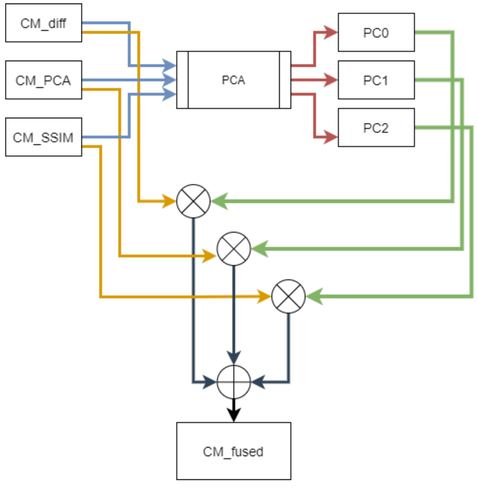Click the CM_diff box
pos(43,23)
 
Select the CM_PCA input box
pos(43,80)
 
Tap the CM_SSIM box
pos(43,137)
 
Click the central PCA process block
pos(233,80)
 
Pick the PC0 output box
pos(376,32)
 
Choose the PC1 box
pos(376,80)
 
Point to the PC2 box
pos(376,128)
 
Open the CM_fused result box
pos(233,451)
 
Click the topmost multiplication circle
pos(193,201)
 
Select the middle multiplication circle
pos(234,249)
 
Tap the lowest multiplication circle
pos(288,296)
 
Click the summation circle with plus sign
pos(234,382)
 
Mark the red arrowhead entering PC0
pos(331,32)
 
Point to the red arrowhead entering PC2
pos(331,137)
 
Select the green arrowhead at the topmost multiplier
pos(219,201)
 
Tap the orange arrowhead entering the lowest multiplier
pos(264,297)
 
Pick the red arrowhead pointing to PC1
pos(331,80)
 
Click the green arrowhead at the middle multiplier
pos(259,249)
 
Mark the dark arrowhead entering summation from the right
pos(258,382)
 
